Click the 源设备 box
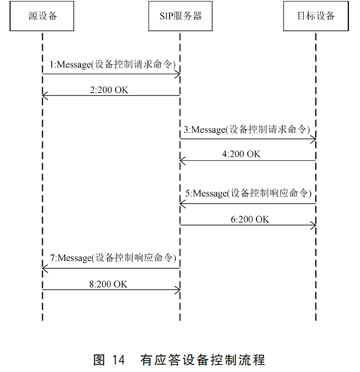(x=43, y=16)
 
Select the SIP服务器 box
(x=179, y=16)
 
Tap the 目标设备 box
(x=316, y=16)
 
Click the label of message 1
(x=112, y=65)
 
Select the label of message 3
(x=246, y=129)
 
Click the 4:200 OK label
(x=241, y=154)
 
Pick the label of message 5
(x=248, y=193)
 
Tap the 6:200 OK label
(x=250, y=219)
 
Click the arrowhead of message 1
(x=177, y=74)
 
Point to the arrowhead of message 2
(x=45, y=96)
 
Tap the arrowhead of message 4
(x=183, y=161)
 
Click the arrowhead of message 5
(x=183, y=204)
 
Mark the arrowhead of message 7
(x=45, y=268)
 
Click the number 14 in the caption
(x=118, y=360)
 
